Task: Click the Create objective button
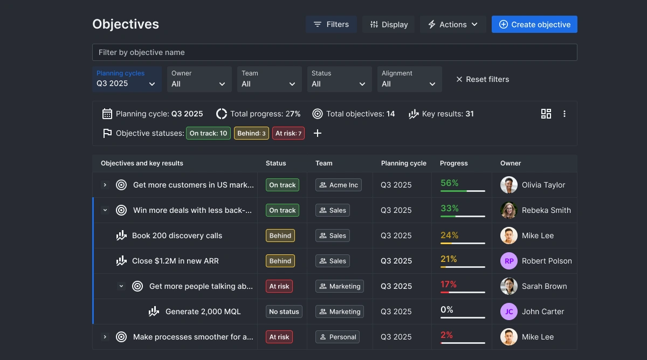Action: tap(534, 24)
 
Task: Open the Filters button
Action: tap(331, 24)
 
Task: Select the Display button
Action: tap(389, 24)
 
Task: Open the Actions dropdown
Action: tap(453, 24)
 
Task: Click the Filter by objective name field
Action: tap(334, 52)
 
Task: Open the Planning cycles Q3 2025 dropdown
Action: tap(127, 79)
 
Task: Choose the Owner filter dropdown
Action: tap(199, 79)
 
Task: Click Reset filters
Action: tap(482, 79)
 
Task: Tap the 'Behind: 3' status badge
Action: tap(251, 133)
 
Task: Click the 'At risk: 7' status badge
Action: tap(288, 133)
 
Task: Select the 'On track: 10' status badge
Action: tap(208, 133)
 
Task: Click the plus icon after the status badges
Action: tap(318, 133)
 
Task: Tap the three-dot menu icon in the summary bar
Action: tap(565, 114)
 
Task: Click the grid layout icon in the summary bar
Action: tap(546, 114)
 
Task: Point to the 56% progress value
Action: tap(449, 183)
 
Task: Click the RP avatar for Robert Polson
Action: tap(509, 261)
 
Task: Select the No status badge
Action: tap(284, 311)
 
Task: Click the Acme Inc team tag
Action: tap(339, 185)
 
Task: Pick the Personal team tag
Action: tap(338, 337)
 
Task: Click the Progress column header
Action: tap(454, 163)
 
